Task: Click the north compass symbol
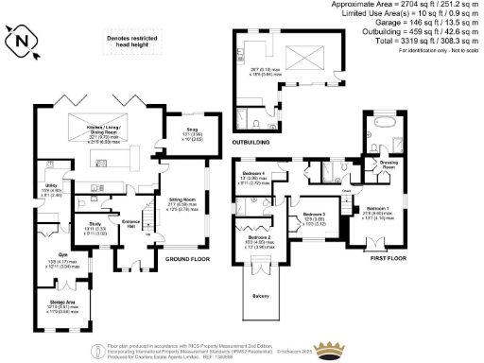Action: (23, 41)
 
